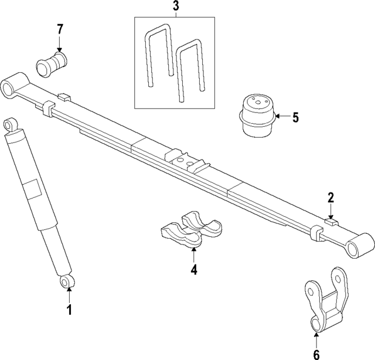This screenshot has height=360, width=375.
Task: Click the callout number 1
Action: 69,310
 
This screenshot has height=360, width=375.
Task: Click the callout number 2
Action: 331,198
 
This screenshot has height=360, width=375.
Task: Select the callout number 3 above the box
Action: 175,7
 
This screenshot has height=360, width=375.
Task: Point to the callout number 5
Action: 295,117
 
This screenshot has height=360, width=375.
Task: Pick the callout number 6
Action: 316,354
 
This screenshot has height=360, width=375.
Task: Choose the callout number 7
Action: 59,29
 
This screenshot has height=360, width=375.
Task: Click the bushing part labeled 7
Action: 53,63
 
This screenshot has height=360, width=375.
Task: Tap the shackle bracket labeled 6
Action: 324,303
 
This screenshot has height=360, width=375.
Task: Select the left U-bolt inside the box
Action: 158,59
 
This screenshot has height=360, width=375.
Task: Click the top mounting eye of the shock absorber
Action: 10,125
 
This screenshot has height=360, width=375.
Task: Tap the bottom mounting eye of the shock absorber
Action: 67,283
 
